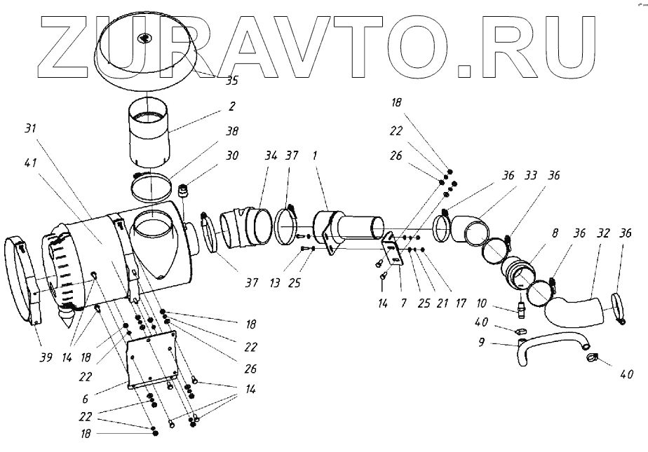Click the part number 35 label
(x=231, y=80)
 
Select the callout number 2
(x=231, y=107)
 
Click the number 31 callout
(x=30, y=129)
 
